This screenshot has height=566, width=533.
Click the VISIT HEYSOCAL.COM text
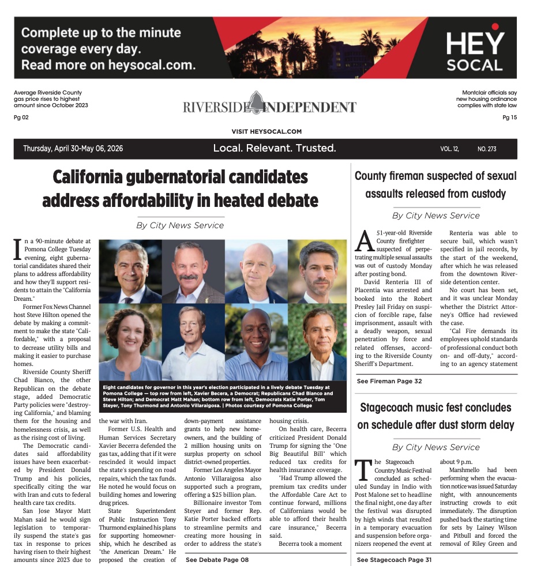point(266,131)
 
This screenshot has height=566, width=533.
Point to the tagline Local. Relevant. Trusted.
point(275,148)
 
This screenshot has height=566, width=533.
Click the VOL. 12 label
point(449,149)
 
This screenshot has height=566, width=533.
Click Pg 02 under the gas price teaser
point(21,117)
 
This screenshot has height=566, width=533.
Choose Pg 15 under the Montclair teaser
point(509,117)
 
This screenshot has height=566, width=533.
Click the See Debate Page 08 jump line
point(217,559)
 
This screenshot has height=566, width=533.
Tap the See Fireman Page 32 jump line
point(389,381)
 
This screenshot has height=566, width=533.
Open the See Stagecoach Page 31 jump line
point(394,559)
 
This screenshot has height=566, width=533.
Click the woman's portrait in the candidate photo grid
point(130,342)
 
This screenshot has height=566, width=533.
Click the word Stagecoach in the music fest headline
point(397,408)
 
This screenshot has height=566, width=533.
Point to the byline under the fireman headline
point(436,216)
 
